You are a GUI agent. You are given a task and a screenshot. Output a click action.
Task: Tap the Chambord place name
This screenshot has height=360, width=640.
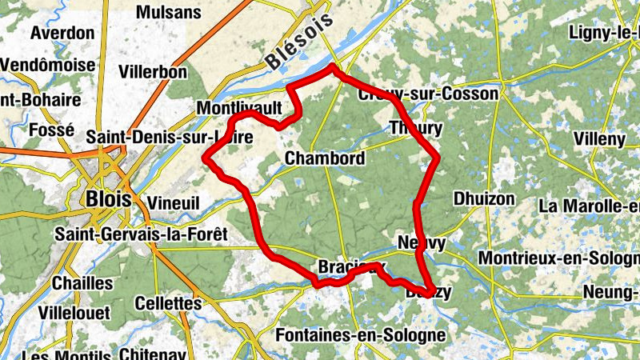click(325, 158)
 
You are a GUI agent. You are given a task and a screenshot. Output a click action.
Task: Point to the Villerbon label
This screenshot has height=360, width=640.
click(152, 71)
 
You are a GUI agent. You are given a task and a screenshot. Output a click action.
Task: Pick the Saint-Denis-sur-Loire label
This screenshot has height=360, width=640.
click(170, 138)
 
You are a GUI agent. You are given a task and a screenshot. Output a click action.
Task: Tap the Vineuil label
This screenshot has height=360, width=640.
click(174, 203)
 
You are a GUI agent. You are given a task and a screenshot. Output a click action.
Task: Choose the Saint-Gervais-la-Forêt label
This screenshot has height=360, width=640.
click(141, 234)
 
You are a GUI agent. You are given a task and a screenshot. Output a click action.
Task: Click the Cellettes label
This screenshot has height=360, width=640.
click(168, 304)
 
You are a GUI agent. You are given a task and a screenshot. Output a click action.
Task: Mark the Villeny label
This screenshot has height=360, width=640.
click(599, 138)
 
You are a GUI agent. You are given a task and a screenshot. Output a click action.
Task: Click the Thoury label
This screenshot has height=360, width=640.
click(415, 128)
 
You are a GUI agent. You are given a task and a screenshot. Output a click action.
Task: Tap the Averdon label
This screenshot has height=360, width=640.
click(62, 34)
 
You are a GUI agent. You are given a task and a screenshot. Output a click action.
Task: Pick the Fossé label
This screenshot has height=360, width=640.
click(50, 130)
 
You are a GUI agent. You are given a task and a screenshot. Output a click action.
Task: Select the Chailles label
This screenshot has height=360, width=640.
click(82, 283)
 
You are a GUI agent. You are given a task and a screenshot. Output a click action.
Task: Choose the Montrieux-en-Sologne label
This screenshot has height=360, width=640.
click(558, 258)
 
